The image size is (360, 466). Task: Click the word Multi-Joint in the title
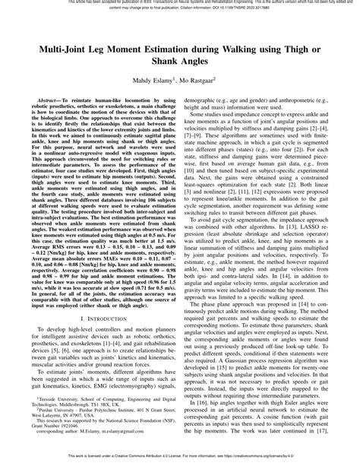pyautogui.click(x=55, y=46)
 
